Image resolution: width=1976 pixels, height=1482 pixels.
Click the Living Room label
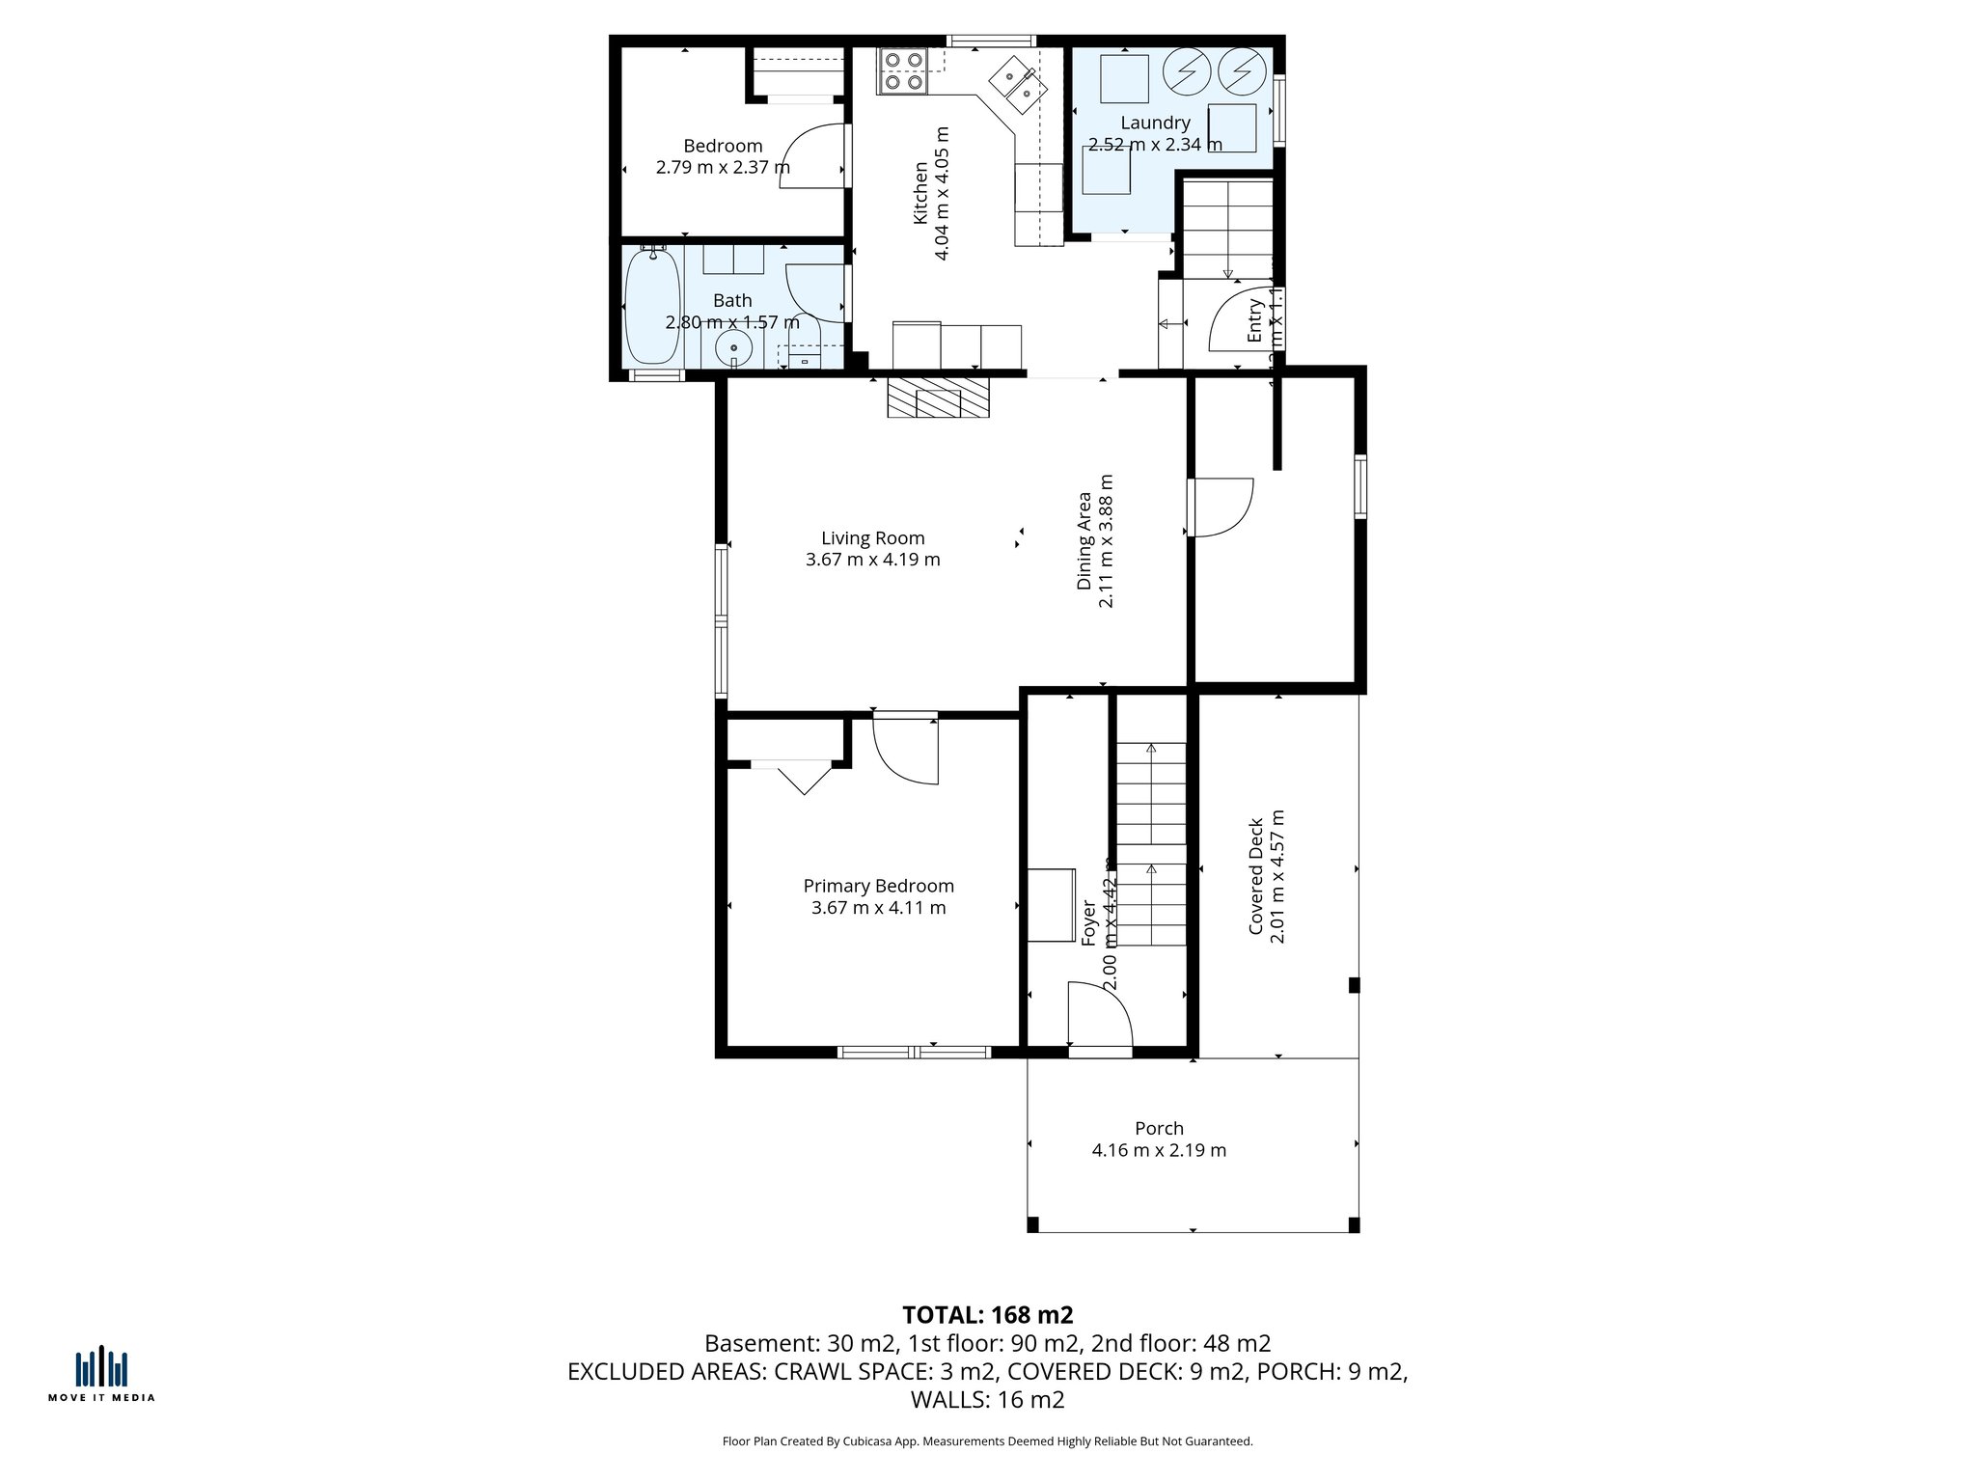tap(872, 538)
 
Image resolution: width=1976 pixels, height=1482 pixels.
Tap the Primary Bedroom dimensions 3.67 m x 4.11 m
tap(878, 908)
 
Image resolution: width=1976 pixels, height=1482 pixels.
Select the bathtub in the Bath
tap(652, 305)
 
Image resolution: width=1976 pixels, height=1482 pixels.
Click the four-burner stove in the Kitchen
tap(902, 71)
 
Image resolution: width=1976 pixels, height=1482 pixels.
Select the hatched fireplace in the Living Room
tap(938, 398)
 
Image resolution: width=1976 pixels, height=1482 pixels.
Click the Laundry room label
tap(1155, 123)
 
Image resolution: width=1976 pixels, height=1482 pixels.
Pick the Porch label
tap(1159, 1128)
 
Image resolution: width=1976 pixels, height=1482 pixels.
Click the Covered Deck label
tap(1256, 876)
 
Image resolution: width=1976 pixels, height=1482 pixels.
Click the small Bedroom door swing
tap(812, 156)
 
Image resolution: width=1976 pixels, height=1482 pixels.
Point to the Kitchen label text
tap(920, 193)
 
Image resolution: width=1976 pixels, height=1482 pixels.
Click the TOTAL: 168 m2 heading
tap(987, 1315)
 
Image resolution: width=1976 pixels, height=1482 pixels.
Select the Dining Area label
tap(1084, 540)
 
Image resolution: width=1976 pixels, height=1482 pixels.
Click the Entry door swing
tap(1239, 320)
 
